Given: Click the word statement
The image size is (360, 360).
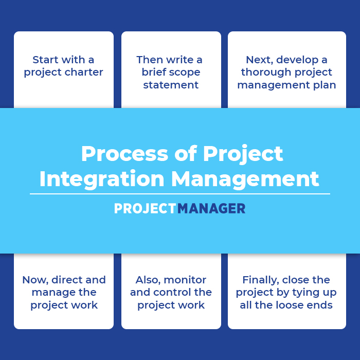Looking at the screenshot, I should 171,85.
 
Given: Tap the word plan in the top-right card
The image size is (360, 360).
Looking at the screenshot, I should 325,85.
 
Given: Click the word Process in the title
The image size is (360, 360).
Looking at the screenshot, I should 124,154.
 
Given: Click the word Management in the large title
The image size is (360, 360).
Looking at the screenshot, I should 245,178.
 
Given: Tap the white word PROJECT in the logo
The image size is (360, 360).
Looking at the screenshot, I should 145,208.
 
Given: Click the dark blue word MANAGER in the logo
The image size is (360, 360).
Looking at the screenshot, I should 211,208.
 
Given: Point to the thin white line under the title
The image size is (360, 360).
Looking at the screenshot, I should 180,194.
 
